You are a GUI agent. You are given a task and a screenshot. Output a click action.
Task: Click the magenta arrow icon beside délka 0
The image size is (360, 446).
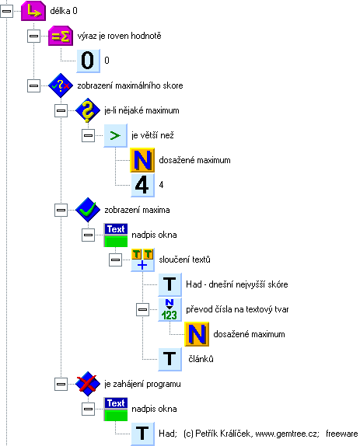33,11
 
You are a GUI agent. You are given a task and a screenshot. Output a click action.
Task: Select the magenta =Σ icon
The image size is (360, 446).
61,36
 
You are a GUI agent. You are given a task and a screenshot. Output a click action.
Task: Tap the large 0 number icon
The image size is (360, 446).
88,61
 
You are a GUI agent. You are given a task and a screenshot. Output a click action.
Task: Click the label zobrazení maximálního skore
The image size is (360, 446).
130,85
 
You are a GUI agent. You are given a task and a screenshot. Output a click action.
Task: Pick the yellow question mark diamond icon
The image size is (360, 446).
88,110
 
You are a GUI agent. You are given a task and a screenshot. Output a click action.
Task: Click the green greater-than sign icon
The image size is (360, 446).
115,135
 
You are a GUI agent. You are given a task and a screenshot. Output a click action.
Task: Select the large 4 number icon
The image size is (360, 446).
142,185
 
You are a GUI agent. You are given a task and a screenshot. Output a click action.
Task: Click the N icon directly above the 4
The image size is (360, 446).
142,160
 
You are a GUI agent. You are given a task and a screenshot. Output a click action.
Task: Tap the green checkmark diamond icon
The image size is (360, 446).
88,210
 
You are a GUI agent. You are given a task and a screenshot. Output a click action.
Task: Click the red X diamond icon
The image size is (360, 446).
88,384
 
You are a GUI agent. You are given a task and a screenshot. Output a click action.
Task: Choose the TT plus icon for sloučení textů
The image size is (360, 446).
142,260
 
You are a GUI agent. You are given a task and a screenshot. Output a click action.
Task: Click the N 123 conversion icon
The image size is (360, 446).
170,309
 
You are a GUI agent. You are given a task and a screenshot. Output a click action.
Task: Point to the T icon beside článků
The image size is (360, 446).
170,359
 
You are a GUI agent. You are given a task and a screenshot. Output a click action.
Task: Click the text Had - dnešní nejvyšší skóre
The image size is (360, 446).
237,284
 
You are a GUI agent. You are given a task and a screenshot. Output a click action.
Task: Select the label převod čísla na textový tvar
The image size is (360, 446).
237,309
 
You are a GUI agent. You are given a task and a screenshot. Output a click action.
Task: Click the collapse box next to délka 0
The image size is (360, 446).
6,11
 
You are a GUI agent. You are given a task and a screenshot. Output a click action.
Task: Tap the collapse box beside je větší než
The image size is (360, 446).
88,135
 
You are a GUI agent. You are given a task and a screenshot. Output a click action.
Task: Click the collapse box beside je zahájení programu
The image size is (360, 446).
61,384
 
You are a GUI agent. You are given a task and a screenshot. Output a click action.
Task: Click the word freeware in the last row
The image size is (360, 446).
342,434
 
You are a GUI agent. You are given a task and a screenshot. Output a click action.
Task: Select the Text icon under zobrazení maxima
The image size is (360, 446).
116,235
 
